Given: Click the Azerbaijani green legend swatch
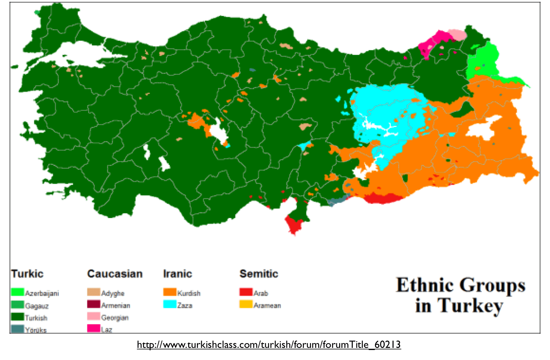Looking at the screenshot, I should point(17,292).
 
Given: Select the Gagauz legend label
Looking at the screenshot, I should point(37,306).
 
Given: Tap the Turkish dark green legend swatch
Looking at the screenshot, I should point(17,317).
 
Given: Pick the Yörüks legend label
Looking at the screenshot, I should point(36,330).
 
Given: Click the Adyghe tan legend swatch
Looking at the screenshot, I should point(94,292).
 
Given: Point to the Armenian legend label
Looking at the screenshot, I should point(116,305).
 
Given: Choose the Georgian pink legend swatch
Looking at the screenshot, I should point(94,316).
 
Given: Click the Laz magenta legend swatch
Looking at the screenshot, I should point(94,328).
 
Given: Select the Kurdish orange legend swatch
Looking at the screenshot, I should point(170,292).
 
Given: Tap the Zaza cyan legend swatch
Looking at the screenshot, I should point(170,304).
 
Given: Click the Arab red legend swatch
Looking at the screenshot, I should point(246,292).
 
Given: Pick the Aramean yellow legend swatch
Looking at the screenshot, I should point(246,304).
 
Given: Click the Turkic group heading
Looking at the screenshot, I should point(27,274).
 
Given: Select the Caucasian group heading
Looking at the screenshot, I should point(115,274).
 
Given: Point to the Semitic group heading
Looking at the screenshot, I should point(259,274).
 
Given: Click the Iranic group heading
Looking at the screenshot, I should point(177,274).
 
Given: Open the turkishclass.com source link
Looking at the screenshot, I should point(269,345).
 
